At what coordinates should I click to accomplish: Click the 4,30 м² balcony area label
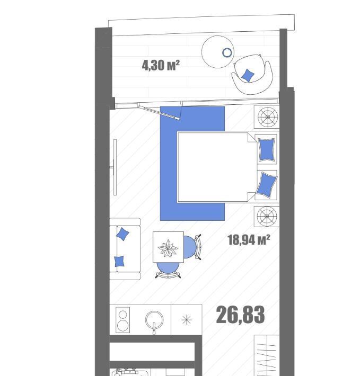pos(161,65)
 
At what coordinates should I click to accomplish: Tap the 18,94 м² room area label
pos(249,239)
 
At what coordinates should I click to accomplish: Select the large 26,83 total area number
pos(240,315)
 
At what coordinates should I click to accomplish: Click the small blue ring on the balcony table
pos(227,52)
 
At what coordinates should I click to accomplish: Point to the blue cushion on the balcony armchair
pos(248,75)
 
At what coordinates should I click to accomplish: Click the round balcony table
pos(218,52)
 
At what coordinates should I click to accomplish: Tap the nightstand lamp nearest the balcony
pos(267,117)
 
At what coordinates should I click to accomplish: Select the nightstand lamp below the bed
pos(267,216)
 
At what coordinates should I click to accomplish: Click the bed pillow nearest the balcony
pos(267,150)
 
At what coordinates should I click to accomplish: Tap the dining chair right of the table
pos(192,247)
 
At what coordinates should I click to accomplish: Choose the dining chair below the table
pos(168,270)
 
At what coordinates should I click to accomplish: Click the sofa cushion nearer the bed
pos(122,234)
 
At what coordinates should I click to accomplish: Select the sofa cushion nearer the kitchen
pos(119,262)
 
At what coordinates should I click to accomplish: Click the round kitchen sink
pos(154,320)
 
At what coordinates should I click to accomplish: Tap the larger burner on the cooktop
pos(122,325)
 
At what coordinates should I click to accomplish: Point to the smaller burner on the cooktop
pos(122,314)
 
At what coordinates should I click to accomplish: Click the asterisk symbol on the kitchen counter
pos(187,320)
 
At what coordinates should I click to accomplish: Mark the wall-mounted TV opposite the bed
pos(115,167)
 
